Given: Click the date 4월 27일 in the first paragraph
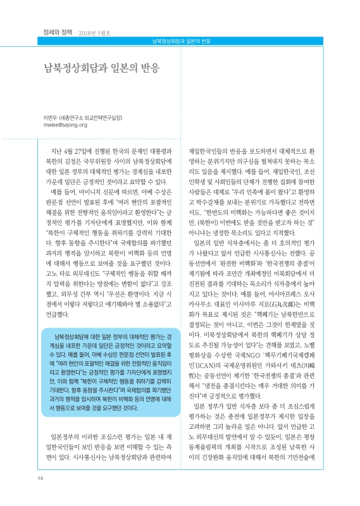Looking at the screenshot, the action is point(73,153).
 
